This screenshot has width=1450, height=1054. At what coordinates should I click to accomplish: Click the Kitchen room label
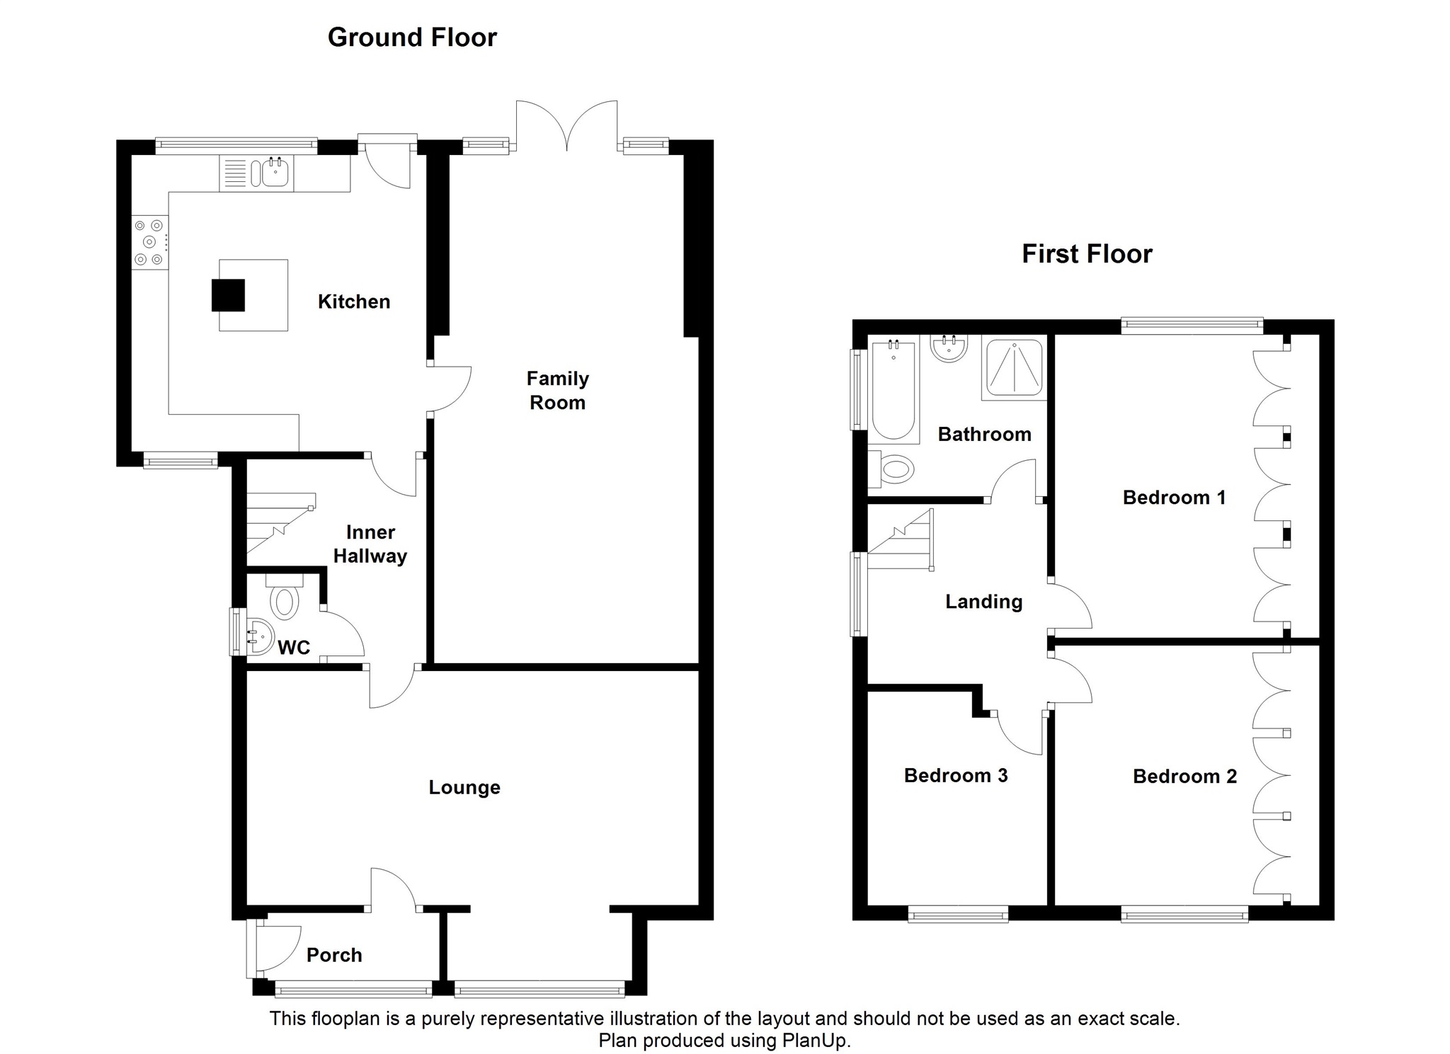(x=354, y=302)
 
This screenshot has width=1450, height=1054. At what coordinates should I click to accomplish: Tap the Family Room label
(x=557, y=391)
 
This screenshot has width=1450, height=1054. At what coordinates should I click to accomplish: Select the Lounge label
(x=464, y=787)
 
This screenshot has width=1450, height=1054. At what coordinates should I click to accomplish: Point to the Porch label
(x=334, y=955)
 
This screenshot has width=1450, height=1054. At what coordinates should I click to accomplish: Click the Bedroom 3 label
(x=956, y=775)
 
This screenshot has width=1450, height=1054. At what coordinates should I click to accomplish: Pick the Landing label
(x=984, y=602)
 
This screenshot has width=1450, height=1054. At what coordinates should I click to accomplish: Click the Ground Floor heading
(x=412, y=38)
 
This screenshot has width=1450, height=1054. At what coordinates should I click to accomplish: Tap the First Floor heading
(x=1087, y=253)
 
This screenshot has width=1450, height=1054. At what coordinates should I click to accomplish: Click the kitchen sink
(x=275, y=172)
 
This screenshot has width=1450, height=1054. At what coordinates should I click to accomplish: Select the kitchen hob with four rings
(x=149, y=242)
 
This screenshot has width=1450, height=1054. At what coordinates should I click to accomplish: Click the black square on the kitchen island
(x=228, y=295)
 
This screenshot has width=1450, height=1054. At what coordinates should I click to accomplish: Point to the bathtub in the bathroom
(x=894, y=389)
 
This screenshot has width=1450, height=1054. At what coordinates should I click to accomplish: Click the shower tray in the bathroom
(x=1014, y=367)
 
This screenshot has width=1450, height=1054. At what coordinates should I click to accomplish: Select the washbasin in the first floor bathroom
(x=949, y=348)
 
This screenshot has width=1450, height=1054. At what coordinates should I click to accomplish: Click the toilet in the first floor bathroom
(x=894, y=469)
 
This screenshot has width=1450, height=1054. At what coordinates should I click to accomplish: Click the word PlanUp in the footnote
(x=814, y=1041)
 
